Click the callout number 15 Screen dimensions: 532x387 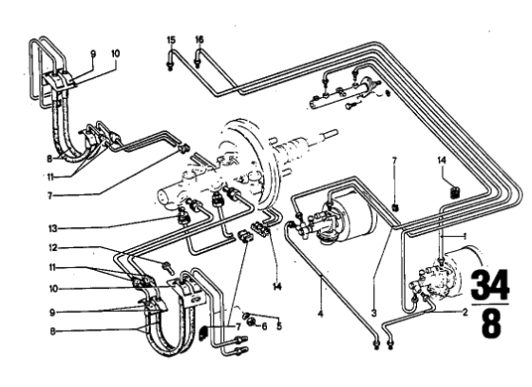pos(171,40)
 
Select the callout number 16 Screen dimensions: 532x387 pos(199,40)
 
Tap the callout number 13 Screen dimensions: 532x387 pos(52,228)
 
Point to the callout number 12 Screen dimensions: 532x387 pos(52,248)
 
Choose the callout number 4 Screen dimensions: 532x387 pos(320,314)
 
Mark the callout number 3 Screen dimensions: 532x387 pos(374,313)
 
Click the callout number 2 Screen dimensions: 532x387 pos(465,312)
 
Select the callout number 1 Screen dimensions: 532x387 pos(465,236)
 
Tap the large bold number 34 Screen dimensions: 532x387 pos(490,283)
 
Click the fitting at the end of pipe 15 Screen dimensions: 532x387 pos(170,66)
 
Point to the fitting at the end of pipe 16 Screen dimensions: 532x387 pos(198,62)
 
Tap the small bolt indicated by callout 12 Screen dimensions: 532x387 pos(168,267)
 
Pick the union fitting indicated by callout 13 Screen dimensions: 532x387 pos(183,216)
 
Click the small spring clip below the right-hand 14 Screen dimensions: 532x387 pos(454,192)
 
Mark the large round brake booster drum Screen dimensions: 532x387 pos(249,160)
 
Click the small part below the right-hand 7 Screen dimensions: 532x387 pos(394,207)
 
